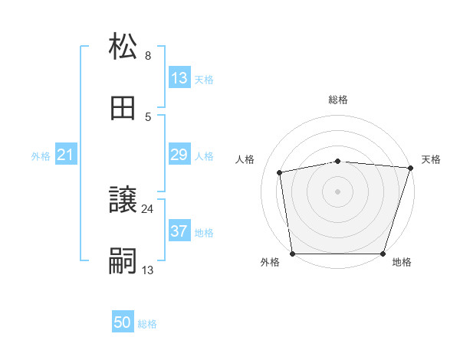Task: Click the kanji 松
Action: tap(123, 47)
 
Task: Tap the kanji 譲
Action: tap(123, 200)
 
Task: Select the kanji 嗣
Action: tap(123, 261)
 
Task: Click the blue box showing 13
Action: tap(179, 78)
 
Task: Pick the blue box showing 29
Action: tap(179, 155)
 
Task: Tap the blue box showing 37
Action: tap(179, 231)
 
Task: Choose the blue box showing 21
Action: tap(65, 155)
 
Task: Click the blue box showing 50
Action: tap(123, 323)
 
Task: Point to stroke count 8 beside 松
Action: tap(148, 56)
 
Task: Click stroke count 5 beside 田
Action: tap(148, 117)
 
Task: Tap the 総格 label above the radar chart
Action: tap(338, 100)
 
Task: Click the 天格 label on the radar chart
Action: tap(432, 159)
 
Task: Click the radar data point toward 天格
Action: tap(409, 168)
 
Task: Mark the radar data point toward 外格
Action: tap(292, 254)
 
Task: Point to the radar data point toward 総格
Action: tap(338, 161)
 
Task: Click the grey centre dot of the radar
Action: tap(338, 191)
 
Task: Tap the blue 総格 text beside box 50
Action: tap(147, 324)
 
